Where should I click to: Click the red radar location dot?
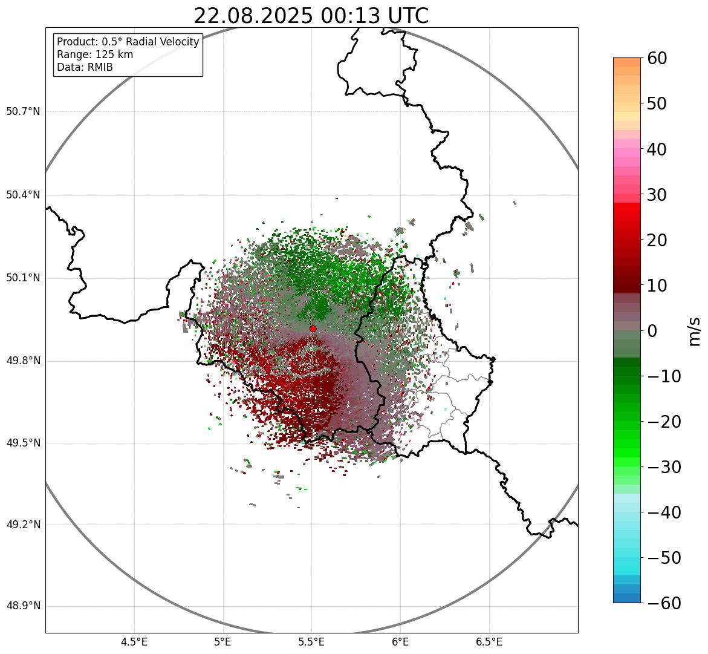[x=313, y=329]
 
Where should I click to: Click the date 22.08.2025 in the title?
[x=253, y=16]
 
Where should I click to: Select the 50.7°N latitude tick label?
[x=23, y=112]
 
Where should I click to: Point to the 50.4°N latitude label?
[x=23, y=195]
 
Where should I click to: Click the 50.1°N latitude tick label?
[x=23, y=278]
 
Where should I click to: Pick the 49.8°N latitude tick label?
[x=23, y=361]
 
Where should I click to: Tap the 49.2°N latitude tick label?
[x=23, y=525]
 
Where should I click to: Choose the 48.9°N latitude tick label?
[x=23, y=606]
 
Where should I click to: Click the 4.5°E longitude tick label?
[x=134, y=642]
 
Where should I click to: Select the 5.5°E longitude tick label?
[x=311, y=642]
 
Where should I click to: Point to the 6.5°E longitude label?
[x=489, y=642]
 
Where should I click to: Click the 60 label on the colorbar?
[x=657, y=58]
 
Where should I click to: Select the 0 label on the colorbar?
[x=652, y=331]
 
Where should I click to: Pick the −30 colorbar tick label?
[x=664, y=467]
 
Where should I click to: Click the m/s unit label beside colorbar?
[x=695, y=331]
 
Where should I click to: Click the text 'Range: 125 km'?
[x=95, y=54]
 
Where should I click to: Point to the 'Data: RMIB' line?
[x=85, y=67]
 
